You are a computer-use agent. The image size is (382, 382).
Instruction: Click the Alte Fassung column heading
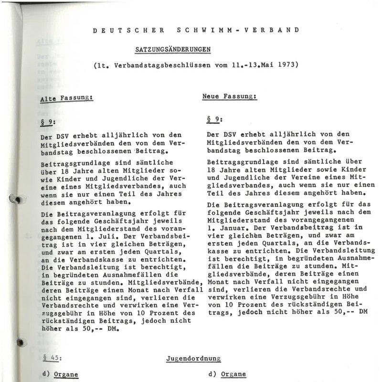tap(66, 98)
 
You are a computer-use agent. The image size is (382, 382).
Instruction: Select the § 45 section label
tap(50, 357)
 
